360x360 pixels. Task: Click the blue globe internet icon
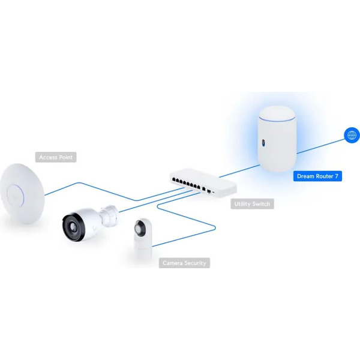tap(352, 135)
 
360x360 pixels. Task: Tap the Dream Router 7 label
tap(317, 176)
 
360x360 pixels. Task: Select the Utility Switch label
tap(252, 204)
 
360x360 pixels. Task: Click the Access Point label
tap(56, 157)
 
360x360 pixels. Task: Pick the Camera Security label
tap(184, 263)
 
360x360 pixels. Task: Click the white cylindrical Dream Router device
tap(277, 139)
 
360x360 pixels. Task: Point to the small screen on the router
tap(263, 143)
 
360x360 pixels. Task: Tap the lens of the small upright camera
tap(139, 229)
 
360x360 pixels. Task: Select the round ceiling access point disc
tap(22, 194)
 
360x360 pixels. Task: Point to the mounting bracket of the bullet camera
tap(110, 216)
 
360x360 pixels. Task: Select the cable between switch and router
tap(239, 171)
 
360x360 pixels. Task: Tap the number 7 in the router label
tap(337, 176)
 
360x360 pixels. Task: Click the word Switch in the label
tap(261, 204)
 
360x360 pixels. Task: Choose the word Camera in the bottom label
tap(172, 263)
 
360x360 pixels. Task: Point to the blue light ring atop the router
tap(277, 119)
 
